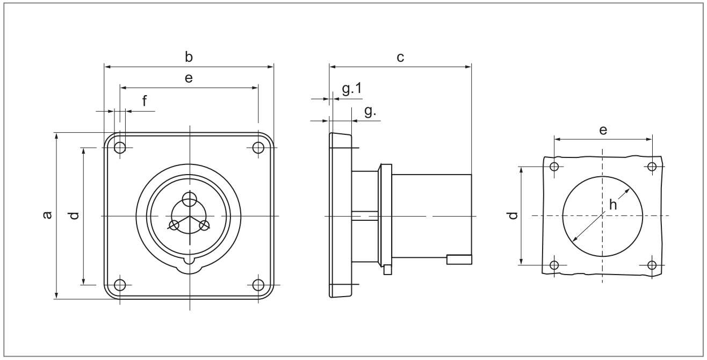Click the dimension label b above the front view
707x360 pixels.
tap(189, 57)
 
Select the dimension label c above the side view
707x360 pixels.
tap(400, 57)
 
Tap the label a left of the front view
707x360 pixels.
tap(47, 215)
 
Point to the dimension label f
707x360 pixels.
tap(145, 101)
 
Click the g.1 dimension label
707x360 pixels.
tap(352, 89)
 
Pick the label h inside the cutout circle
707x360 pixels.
tap(612, 205)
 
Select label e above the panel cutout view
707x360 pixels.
tap(603, 130)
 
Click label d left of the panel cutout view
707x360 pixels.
tap(514, 215)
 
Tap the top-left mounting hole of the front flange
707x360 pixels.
tap(120, 147)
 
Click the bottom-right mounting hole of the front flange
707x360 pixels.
tap(258, 285)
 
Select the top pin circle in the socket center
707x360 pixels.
tap(190, 199)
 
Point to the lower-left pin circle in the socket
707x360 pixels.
tap(174, 225)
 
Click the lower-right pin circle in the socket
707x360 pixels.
tap(205, 225)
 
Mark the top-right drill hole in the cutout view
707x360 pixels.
tap(652, 167)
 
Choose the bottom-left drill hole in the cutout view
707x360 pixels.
tap(554, 265)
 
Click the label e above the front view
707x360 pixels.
tap(189, 78)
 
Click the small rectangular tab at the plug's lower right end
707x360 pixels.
tap(459, 260)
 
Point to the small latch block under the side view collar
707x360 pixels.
tap(387, 270)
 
